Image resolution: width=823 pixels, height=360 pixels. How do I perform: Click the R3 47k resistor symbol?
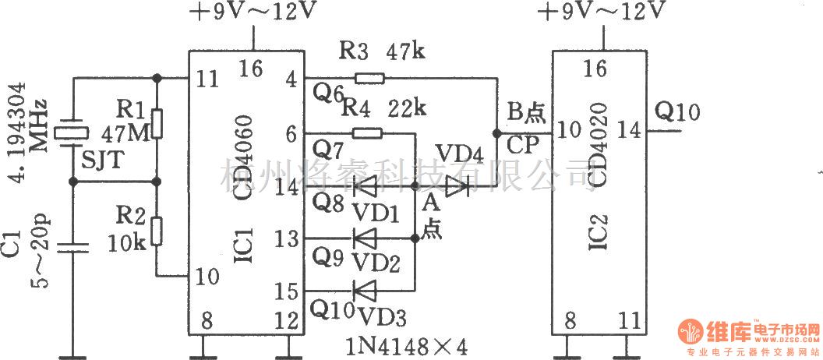point(369,78)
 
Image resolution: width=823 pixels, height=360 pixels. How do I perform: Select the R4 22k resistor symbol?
point(367,133)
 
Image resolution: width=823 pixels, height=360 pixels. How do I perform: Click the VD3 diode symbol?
point(364,290)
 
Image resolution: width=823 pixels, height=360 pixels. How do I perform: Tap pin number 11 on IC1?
point(207,77)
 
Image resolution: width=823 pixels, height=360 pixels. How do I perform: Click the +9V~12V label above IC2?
point(599,12)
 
